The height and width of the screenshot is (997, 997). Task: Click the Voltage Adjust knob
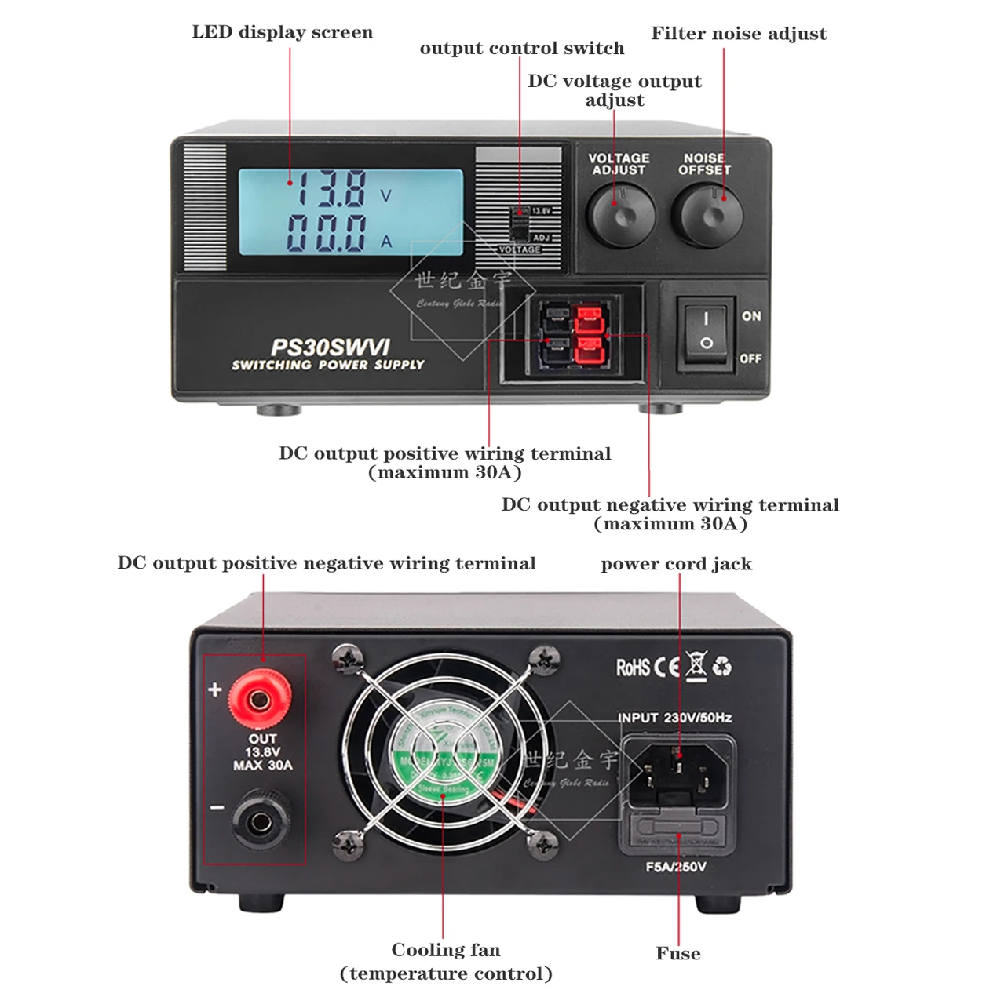pos(620,216)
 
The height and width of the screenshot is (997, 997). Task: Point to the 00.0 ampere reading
pos(327,233)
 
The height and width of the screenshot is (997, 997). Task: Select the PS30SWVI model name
pos(330,347)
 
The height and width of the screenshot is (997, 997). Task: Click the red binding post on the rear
pos(260,697)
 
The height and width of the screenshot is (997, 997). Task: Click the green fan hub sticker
pos(444,758)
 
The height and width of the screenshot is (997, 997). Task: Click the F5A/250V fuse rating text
pos(676,867)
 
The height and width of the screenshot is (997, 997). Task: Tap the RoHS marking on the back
pos(633,668)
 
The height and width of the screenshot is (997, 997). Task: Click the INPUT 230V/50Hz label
pos(675,718)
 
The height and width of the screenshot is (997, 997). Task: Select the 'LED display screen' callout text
pos(283,32)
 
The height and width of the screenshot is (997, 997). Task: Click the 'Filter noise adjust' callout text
pos(739,34)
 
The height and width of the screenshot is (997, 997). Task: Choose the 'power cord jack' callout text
pos(676,564)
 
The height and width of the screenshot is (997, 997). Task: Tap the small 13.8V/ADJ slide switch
pos(518,225)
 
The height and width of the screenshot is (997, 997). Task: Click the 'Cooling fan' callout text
pos(446,950)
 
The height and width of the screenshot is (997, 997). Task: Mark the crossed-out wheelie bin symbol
pos(696,665)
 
